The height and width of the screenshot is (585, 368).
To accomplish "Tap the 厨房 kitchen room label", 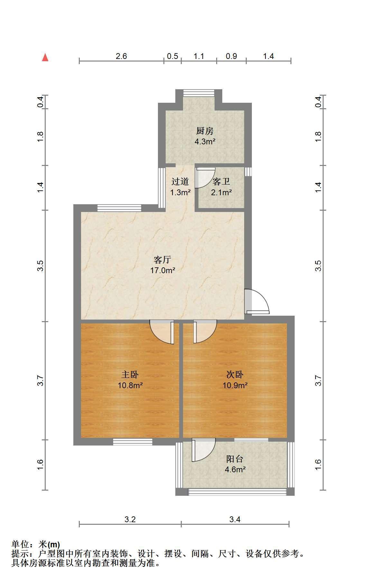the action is (x=205, y=131).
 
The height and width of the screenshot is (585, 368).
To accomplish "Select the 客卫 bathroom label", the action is (x=221, y=182).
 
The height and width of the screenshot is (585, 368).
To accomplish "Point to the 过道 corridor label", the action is (x=180, y=182).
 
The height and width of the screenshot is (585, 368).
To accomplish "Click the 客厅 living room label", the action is (x=162, y=260).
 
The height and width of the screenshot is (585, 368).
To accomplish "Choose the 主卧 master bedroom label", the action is (x=130, y=374).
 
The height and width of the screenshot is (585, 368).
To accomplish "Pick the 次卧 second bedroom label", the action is (x=235, y=374).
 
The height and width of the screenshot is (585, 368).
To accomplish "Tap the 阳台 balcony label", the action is (x=235, y=459).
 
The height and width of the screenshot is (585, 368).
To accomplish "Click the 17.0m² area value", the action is (x=163, y=270).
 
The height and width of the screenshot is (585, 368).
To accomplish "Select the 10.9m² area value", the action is (x=235, y=385).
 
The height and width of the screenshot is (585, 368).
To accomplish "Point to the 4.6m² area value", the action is (x=235, y=469).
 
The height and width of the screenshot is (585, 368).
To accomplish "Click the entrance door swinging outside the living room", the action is (x=257, y=302).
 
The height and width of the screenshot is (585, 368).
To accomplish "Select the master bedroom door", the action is (x=162, y=332).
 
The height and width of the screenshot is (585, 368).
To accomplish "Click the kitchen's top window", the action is (x=199, y=93).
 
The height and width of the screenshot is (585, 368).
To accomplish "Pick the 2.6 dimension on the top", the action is (x=121, y=56).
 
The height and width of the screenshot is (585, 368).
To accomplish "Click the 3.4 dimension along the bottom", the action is (x=235, y=519).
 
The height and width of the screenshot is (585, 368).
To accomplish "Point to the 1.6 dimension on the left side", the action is (x=40, y=465).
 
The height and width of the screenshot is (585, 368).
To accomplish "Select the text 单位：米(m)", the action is (x=36, y=544).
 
